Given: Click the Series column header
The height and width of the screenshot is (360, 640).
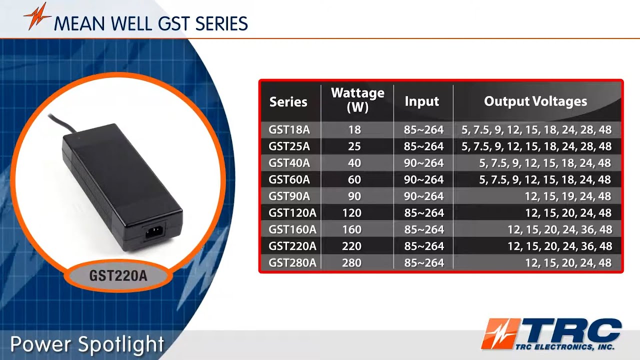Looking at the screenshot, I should click(x=288, y=102).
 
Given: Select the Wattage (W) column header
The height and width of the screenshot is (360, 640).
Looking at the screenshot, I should click(x=357, y=99).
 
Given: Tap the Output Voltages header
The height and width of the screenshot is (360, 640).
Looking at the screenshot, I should click(x=535, y=101).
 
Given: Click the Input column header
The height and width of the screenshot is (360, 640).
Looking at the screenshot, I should click(x=422, y=101).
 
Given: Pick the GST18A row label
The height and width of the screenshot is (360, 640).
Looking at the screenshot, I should click(x=289, y=130).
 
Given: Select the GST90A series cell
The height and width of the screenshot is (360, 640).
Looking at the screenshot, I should click(x=289, y=196).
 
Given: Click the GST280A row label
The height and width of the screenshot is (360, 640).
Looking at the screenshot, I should click(x=292, y=263).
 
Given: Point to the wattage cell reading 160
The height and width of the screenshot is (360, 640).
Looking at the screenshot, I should click(x=351, y=230).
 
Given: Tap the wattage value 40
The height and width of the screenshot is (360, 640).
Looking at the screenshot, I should click(x=354, y=163).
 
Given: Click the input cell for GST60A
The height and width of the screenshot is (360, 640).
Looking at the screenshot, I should click(x=423, y=180).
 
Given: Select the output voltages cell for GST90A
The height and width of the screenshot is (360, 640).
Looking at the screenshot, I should click(x=568, y=196).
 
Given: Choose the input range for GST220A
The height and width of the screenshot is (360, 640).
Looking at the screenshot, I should click(x=423, y=246).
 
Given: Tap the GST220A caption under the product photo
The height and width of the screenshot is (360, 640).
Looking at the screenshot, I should click(x=118, y=275).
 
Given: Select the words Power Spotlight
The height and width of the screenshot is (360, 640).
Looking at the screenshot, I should click(x=87, y=344).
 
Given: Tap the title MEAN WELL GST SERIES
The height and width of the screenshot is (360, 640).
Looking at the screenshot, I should click(x=150, y=23).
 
